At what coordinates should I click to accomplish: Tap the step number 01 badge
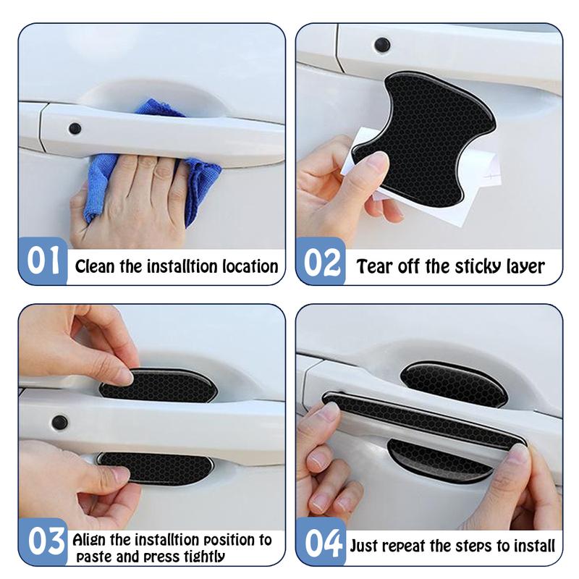43,261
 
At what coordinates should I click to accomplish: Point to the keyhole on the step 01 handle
75,129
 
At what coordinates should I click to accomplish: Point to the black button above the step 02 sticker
382,45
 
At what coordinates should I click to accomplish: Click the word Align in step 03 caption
90,540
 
